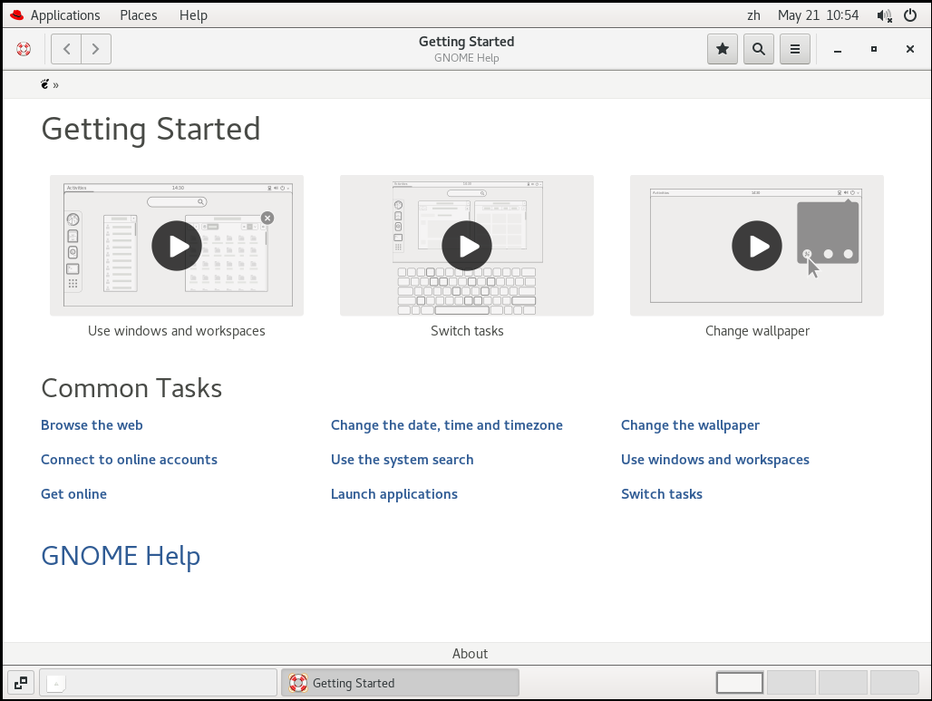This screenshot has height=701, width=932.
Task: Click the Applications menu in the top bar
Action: pyautogui.click(x=65, y=15)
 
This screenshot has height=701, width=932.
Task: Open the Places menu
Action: pyautogui.click(x=139, y=15)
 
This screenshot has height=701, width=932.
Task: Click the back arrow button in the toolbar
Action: pyautogui.click(x=66, y=49)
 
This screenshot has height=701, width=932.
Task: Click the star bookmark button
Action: pyautogui.click(x=723, y=49)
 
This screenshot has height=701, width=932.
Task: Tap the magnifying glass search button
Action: pyautogui.click(x=759, y=49)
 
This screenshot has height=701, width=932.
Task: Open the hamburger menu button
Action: pyautogui.click(x=795, y=49)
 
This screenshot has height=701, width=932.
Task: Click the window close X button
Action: pyautogui.click(x=910, y=49)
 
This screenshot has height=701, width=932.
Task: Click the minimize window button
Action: pyautogui.click(x=838, y=51)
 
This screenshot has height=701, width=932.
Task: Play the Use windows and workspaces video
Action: pyautogui.click(x=177, y=246)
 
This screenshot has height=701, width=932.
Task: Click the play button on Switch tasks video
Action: pyautogui.click(x=467, y=246)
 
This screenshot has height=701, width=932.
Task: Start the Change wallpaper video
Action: pyautogui.click(x=757, y=246)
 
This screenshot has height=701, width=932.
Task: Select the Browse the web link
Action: pyautogui.click(x=92, y=425)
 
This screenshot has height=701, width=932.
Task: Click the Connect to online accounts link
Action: pyautogui.click(x=129, y=460)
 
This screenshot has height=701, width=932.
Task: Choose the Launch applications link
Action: pyautogui.click(x=394, y=494)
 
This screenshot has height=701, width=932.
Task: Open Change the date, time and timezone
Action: pyautogui.click(x=446, y=425)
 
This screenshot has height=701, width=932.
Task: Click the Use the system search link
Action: pyautogui.click(x=402, y=460)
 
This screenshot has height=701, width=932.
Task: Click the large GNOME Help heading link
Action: pyautogui.click(x=121, y=557)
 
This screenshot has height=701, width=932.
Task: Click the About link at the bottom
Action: pyautogui.click(x=470, y=654)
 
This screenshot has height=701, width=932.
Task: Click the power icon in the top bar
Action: pyautogui.click(x=910, y=15)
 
